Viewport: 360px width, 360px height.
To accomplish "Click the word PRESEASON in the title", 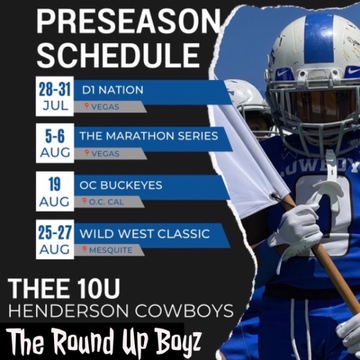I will [x=128, y=22].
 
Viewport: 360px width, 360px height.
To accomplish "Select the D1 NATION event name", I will [x=112, y=91].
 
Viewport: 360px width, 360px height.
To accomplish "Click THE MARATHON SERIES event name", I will [x=149, y=136].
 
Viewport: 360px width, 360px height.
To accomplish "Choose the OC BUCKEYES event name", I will [x=121, y=185].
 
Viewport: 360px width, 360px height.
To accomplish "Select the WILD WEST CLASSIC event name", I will [x=145, y=233].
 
